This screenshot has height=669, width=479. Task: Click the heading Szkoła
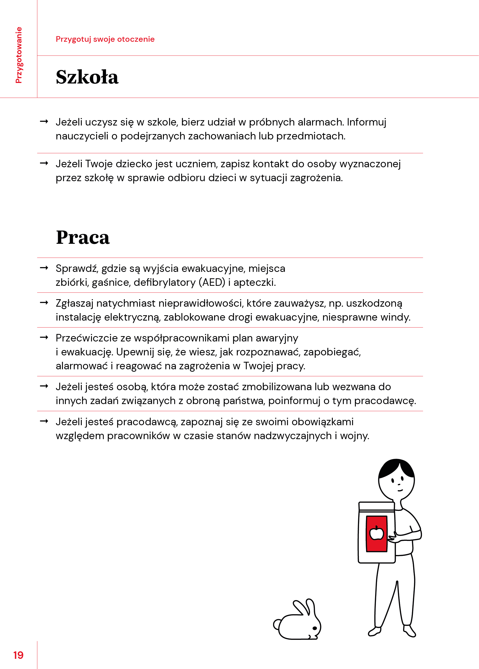87,77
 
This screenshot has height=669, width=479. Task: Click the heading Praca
83,238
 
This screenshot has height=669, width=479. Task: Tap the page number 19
18,655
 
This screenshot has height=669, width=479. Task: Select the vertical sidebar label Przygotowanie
18,55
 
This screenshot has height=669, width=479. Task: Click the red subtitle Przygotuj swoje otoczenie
105,39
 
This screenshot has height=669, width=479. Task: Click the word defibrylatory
164,282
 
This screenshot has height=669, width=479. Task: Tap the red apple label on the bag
376,533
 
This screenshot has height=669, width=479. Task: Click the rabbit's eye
314,628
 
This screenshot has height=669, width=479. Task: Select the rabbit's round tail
277,624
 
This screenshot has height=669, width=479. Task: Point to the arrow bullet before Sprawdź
44,268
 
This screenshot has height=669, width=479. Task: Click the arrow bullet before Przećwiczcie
44,337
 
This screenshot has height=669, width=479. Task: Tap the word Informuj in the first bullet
366,122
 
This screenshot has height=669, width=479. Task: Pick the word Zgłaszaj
74,303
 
